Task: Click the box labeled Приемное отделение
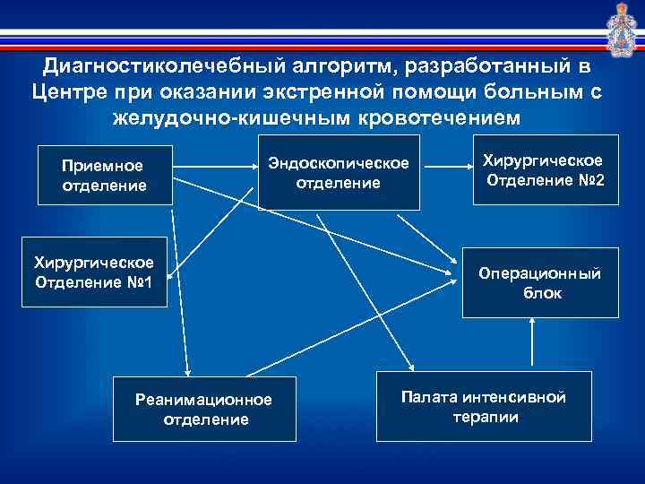(102, 175)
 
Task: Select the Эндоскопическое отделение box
(339, 172)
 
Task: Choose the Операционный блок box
(540, 282)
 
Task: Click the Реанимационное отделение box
(205, 409)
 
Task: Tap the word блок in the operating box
(540, 293)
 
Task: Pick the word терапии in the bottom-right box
(484, 418)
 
